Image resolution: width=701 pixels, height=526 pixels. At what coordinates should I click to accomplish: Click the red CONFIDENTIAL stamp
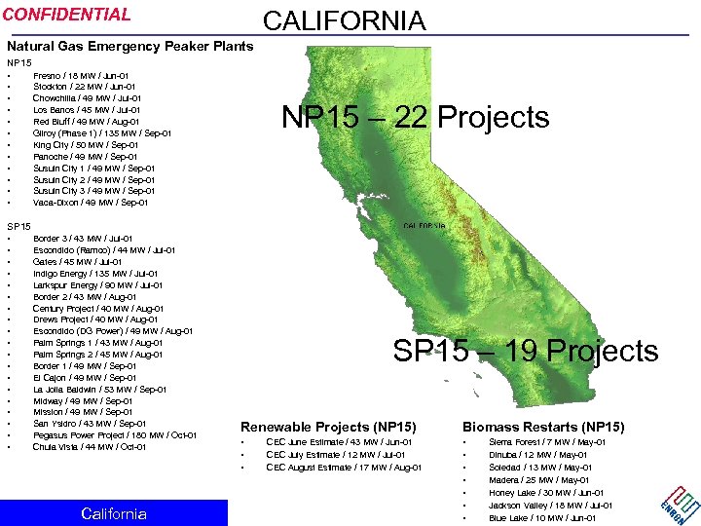[67, 15]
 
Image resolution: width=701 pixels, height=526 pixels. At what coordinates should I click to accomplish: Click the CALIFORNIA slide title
[344, 20]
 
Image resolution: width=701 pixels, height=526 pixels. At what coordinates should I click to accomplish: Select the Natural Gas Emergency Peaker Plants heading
[129, 46]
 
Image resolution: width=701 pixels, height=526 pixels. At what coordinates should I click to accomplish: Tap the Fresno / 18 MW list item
[81, 75]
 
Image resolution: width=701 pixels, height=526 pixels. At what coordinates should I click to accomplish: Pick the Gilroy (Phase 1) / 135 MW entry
[102, 133]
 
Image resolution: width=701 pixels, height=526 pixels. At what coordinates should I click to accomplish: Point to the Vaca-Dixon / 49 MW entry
[91, 203]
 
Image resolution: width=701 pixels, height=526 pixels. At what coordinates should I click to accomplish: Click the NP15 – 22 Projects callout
[415, 118]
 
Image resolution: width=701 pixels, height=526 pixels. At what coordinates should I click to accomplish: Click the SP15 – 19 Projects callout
[525, 351]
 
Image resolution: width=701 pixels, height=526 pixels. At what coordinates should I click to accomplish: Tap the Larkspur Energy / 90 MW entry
[98, 285]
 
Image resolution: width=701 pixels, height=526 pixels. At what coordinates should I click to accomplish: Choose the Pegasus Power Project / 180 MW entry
[115, 435]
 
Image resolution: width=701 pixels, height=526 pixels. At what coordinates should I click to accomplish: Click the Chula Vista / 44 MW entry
[89, 447]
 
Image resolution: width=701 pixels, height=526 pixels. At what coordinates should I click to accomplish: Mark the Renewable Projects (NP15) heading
[328, 427]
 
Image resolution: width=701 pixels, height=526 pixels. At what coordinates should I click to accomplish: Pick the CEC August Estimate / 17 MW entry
[344, 468]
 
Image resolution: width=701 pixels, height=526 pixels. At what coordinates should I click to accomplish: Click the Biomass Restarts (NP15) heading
[543, 427]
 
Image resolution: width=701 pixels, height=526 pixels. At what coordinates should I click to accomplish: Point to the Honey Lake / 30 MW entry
[546, 493]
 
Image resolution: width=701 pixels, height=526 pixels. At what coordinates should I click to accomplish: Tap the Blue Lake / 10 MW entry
[543, 517]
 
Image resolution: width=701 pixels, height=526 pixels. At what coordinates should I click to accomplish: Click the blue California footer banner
[114, 513]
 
